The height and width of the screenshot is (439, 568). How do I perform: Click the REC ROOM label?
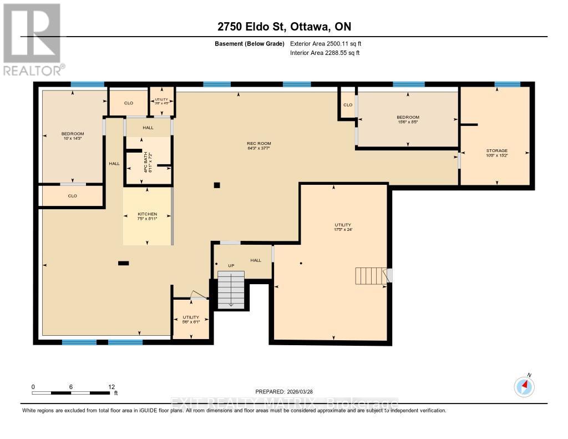259,146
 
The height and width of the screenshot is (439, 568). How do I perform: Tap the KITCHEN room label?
147,216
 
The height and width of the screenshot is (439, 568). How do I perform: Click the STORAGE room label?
496,153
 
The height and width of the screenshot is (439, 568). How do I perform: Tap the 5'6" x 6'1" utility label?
191,320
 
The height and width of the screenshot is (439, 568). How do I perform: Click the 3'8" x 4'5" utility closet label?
161,100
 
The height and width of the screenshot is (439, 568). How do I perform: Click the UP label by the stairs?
231,266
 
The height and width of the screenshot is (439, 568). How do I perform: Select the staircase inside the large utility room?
371,275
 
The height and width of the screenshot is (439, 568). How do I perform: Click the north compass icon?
524,386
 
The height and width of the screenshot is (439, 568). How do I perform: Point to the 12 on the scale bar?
111,387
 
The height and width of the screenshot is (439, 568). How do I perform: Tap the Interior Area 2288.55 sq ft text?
324,53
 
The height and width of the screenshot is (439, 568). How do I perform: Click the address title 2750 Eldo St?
283,27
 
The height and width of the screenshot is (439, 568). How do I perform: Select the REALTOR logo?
33,39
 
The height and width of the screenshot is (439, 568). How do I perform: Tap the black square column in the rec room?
217,185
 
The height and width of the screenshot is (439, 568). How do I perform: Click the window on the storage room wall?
507,84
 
